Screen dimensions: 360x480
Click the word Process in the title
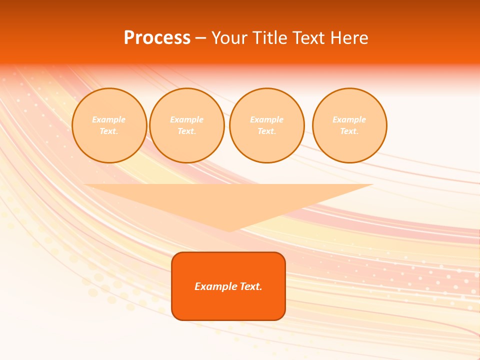[157, 38]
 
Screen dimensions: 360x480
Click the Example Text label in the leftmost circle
[109, 125]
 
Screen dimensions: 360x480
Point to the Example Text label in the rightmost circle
[349, 125]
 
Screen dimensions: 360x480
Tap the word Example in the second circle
[186, 119]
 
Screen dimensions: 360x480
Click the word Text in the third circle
[266, 131]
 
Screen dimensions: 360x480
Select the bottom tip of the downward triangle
[228, 230]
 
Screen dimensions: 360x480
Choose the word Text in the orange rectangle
[250, 286]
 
